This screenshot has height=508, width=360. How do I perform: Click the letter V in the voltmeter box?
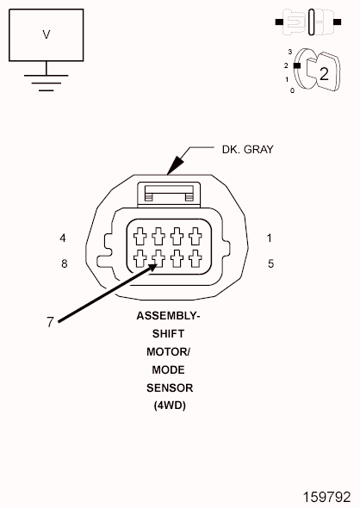47,34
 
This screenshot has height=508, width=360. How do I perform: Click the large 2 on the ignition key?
324,74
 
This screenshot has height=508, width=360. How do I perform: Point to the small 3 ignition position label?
290,52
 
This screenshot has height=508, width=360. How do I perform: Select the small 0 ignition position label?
292,90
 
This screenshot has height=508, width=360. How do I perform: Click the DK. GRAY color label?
247,149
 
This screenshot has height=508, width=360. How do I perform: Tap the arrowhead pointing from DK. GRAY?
175,165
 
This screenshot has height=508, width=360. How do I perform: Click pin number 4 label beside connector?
63,239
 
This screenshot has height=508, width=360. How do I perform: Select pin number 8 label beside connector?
64,263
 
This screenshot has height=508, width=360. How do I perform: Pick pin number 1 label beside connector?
269,239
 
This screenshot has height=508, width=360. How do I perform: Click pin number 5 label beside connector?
271,263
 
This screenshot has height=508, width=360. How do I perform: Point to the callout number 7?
50,322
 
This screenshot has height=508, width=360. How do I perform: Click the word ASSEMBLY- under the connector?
168,315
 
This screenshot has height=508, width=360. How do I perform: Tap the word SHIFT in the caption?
168,334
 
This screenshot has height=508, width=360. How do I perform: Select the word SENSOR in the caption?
170,387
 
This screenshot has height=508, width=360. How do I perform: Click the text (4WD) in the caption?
170,406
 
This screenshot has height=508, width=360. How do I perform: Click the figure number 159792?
326,497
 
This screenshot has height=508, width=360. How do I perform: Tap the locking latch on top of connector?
169,195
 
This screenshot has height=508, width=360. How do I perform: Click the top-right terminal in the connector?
196,236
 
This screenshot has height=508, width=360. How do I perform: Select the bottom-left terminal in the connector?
140,258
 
